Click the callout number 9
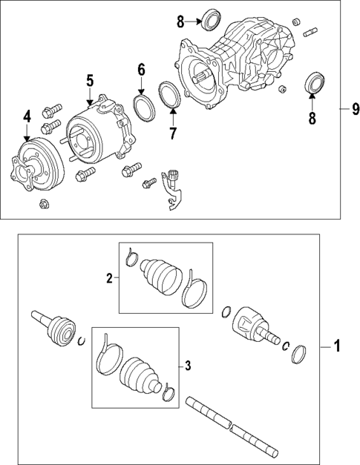(x=345, y=111)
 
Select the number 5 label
(x=89, y=80)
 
